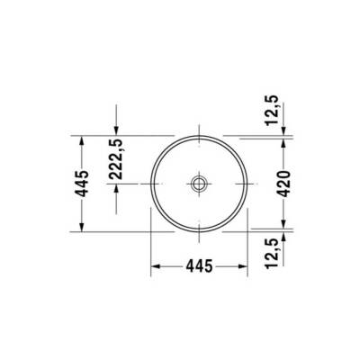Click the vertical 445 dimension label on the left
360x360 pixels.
[82, 183]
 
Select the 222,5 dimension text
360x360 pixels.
[116, 160]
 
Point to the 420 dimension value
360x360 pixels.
[283, 183]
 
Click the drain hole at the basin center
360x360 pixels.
[199, 183]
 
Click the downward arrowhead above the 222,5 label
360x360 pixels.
[116, 130]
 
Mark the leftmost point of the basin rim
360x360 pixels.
[149, 183]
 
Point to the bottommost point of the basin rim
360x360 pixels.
[199, 231]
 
